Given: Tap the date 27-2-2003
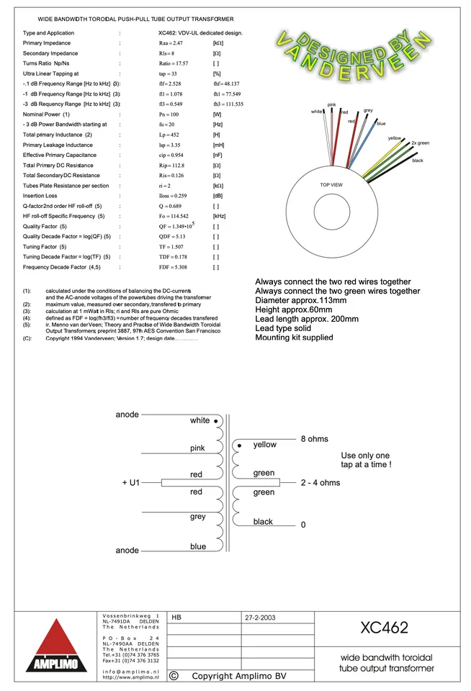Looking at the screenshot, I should point(260,618).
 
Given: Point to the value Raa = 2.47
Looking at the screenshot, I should point(170,44).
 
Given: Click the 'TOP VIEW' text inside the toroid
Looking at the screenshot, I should point(331,185).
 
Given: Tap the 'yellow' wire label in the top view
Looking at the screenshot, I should point(395,137).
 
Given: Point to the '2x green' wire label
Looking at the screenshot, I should point(420,143).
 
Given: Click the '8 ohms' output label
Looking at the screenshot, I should point(314,439).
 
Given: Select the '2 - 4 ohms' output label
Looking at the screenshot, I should point(320,483).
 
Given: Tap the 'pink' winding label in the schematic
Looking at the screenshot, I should point(198,448).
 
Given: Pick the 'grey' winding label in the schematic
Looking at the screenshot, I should point(198,517).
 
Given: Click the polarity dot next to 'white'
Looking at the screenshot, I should point(215,422).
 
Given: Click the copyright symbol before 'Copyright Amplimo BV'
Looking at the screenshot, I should point(174,676).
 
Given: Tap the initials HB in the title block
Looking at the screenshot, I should point(177,618).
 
